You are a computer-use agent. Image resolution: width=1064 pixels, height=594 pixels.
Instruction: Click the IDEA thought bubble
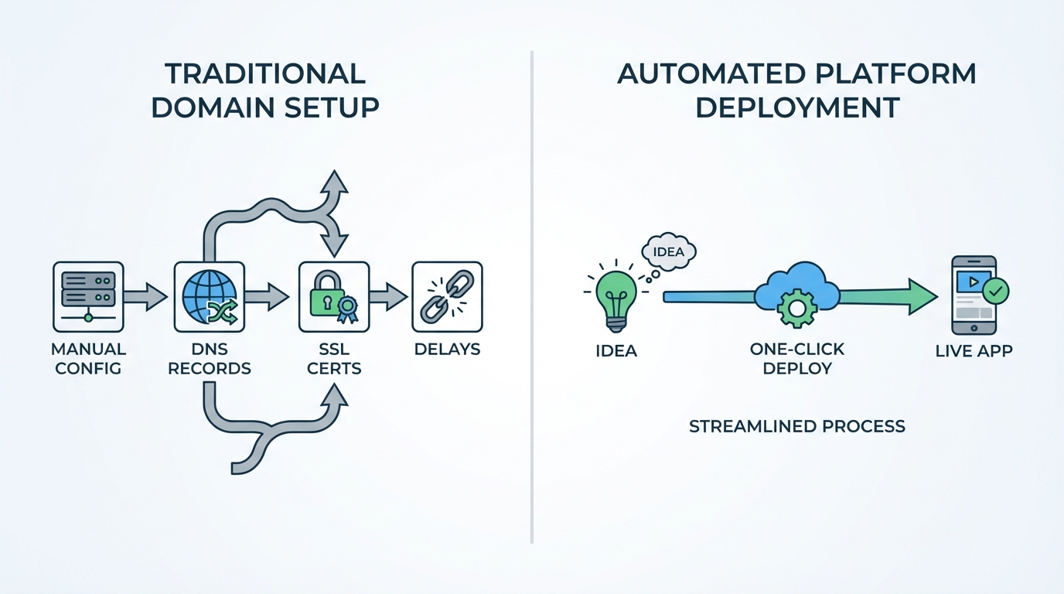point(669,252)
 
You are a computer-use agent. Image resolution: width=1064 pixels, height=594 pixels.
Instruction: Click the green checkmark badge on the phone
point(995,292)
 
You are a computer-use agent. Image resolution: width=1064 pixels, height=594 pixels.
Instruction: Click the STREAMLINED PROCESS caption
point(796,426)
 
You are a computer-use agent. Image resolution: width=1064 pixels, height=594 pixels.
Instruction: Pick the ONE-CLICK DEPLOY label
point(796,358)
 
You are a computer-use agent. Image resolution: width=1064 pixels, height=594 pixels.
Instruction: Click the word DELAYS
point(447,349)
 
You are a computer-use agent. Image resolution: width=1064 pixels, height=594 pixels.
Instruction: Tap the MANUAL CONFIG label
point(88,358)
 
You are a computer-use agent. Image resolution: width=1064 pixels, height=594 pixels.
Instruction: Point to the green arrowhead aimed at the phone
point(922,296)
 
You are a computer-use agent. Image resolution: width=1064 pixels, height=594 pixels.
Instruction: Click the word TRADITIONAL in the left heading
point(265,73)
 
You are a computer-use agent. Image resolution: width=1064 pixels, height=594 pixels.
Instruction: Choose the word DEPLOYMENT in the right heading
point(796,107)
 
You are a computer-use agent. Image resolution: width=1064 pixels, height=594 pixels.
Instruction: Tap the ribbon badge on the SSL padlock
point(347,309)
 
